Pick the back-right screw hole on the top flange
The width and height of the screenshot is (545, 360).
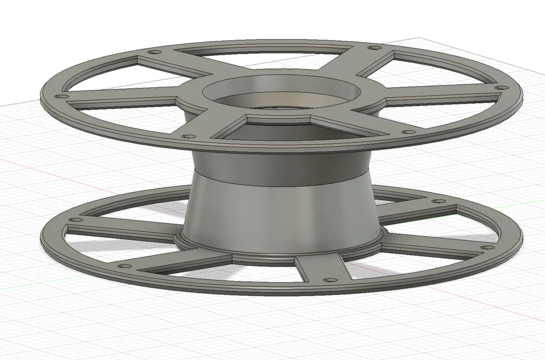[374, 48]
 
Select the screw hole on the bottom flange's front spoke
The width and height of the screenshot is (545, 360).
[329, 280]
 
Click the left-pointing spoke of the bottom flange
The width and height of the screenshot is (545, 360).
[121, 230]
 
